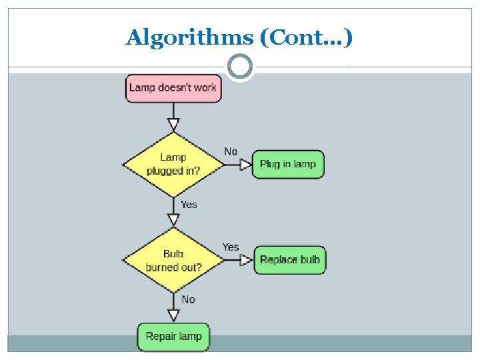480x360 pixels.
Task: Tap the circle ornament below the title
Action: [x=240, y=67]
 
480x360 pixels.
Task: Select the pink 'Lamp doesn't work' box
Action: [x=173, y=88]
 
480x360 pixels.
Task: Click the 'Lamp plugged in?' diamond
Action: [x=173, y=164]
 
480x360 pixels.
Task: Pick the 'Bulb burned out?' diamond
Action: [x=173, y=260]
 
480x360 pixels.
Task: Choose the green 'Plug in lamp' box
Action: [x=288, y=164]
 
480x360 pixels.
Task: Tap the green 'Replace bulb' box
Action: [x=290, y=260]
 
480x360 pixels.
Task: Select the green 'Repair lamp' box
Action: [x=173, y=337]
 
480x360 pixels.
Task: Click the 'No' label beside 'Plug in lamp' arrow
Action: [x=231, y=152]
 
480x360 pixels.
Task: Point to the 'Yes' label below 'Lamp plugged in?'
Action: [x=189, y=205]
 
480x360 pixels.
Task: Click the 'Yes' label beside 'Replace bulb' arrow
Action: [x=231, y=247]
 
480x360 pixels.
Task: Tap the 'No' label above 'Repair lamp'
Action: [x=189, y=300]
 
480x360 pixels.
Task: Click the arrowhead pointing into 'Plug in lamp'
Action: [x=246, y=164]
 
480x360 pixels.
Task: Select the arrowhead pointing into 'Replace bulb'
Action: [x=247, y=260]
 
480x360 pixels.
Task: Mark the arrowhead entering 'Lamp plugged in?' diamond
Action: [x=173, y=125]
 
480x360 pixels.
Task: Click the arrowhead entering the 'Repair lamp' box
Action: [x=173, y=316]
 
